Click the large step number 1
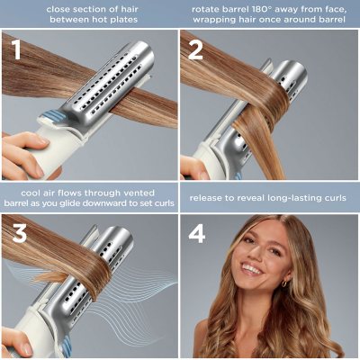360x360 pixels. (x=16, y=51)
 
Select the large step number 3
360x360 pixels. (x=16, y=233)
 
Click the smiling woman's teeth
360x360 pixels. (x=253, y=268)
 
